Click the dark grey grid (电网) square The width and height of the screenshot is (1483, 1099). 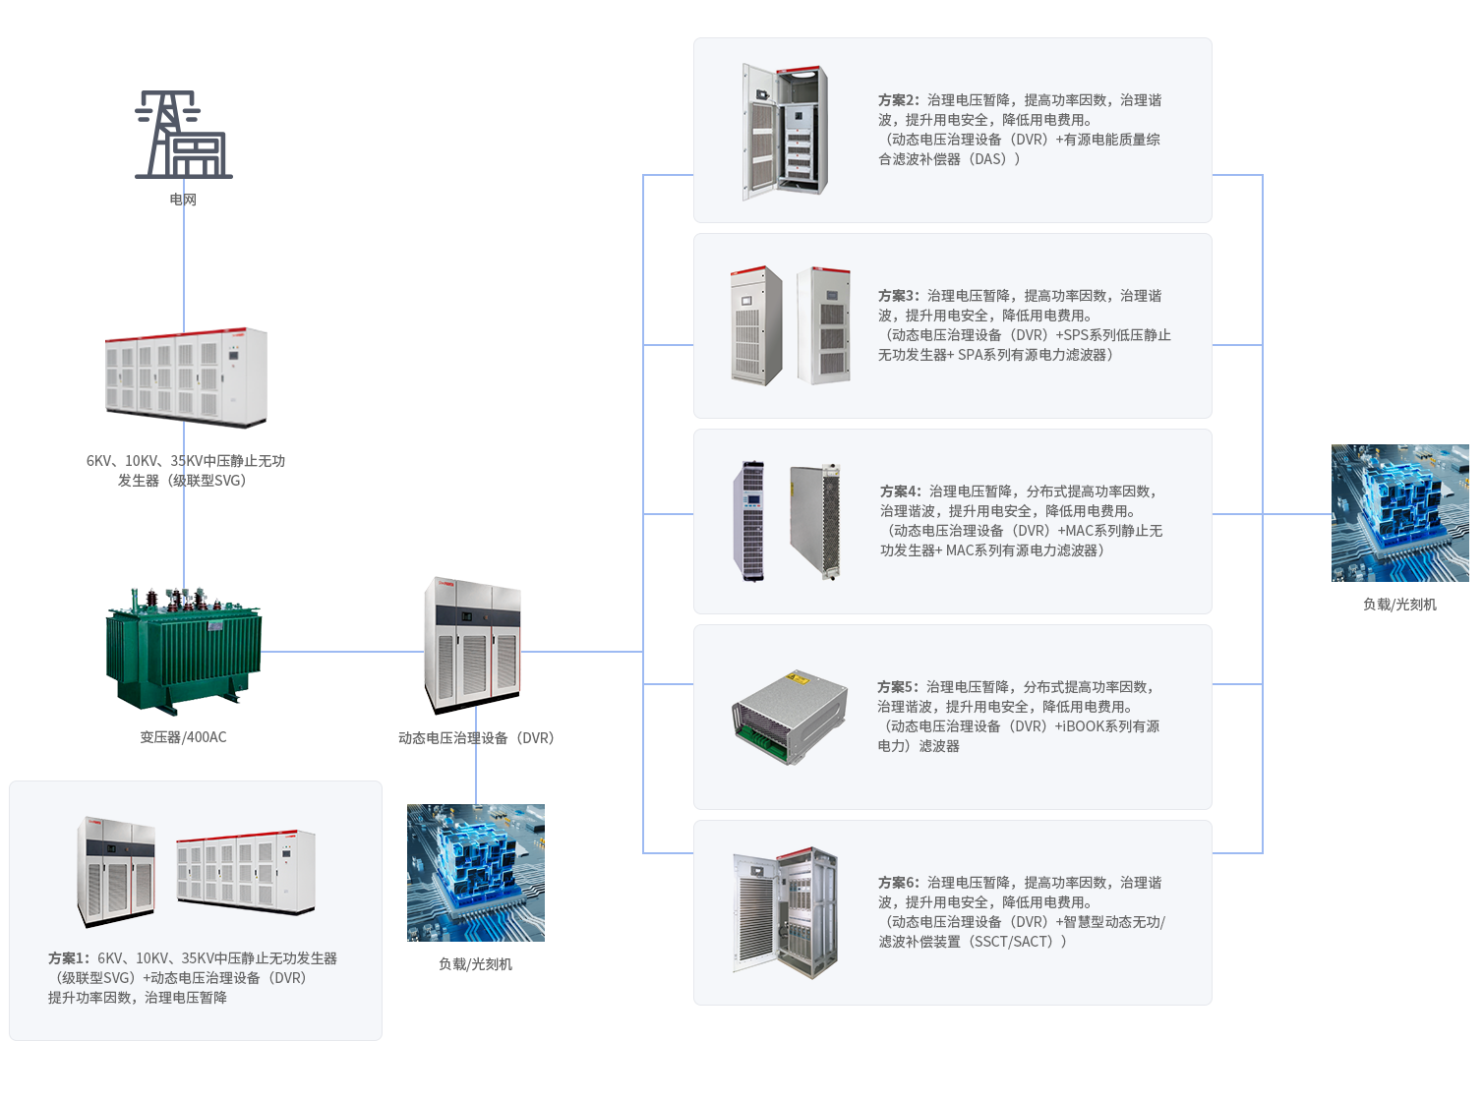184,135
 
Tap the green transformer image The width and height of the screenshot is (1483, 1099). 184,651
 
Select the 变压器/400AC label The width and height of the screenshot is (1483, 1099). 184,737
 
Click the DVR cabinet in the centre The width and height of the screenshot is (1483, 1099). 472,645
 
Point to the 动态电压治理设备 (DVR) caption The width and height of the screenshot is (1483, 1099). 476,738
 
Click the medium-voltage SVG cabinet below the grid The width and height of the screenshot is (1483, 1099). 186,377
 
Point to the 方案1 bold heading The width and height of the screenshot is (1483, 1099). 69,958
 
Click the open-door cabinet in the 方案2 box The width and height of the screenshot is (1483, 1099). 784,132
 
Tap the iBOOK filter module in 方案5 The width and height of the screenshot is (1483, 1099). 790,719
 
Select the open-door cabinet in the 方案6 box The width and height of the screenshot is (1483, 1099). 785,913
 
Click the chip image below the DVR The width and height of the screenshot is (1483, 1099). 476,873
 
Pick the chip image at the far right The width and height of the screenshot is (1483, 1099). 1399,512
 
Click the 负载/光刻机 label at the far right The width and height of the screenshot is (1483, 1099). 1399,605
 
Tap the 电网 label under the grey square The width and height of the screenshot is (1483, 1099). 183,200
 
